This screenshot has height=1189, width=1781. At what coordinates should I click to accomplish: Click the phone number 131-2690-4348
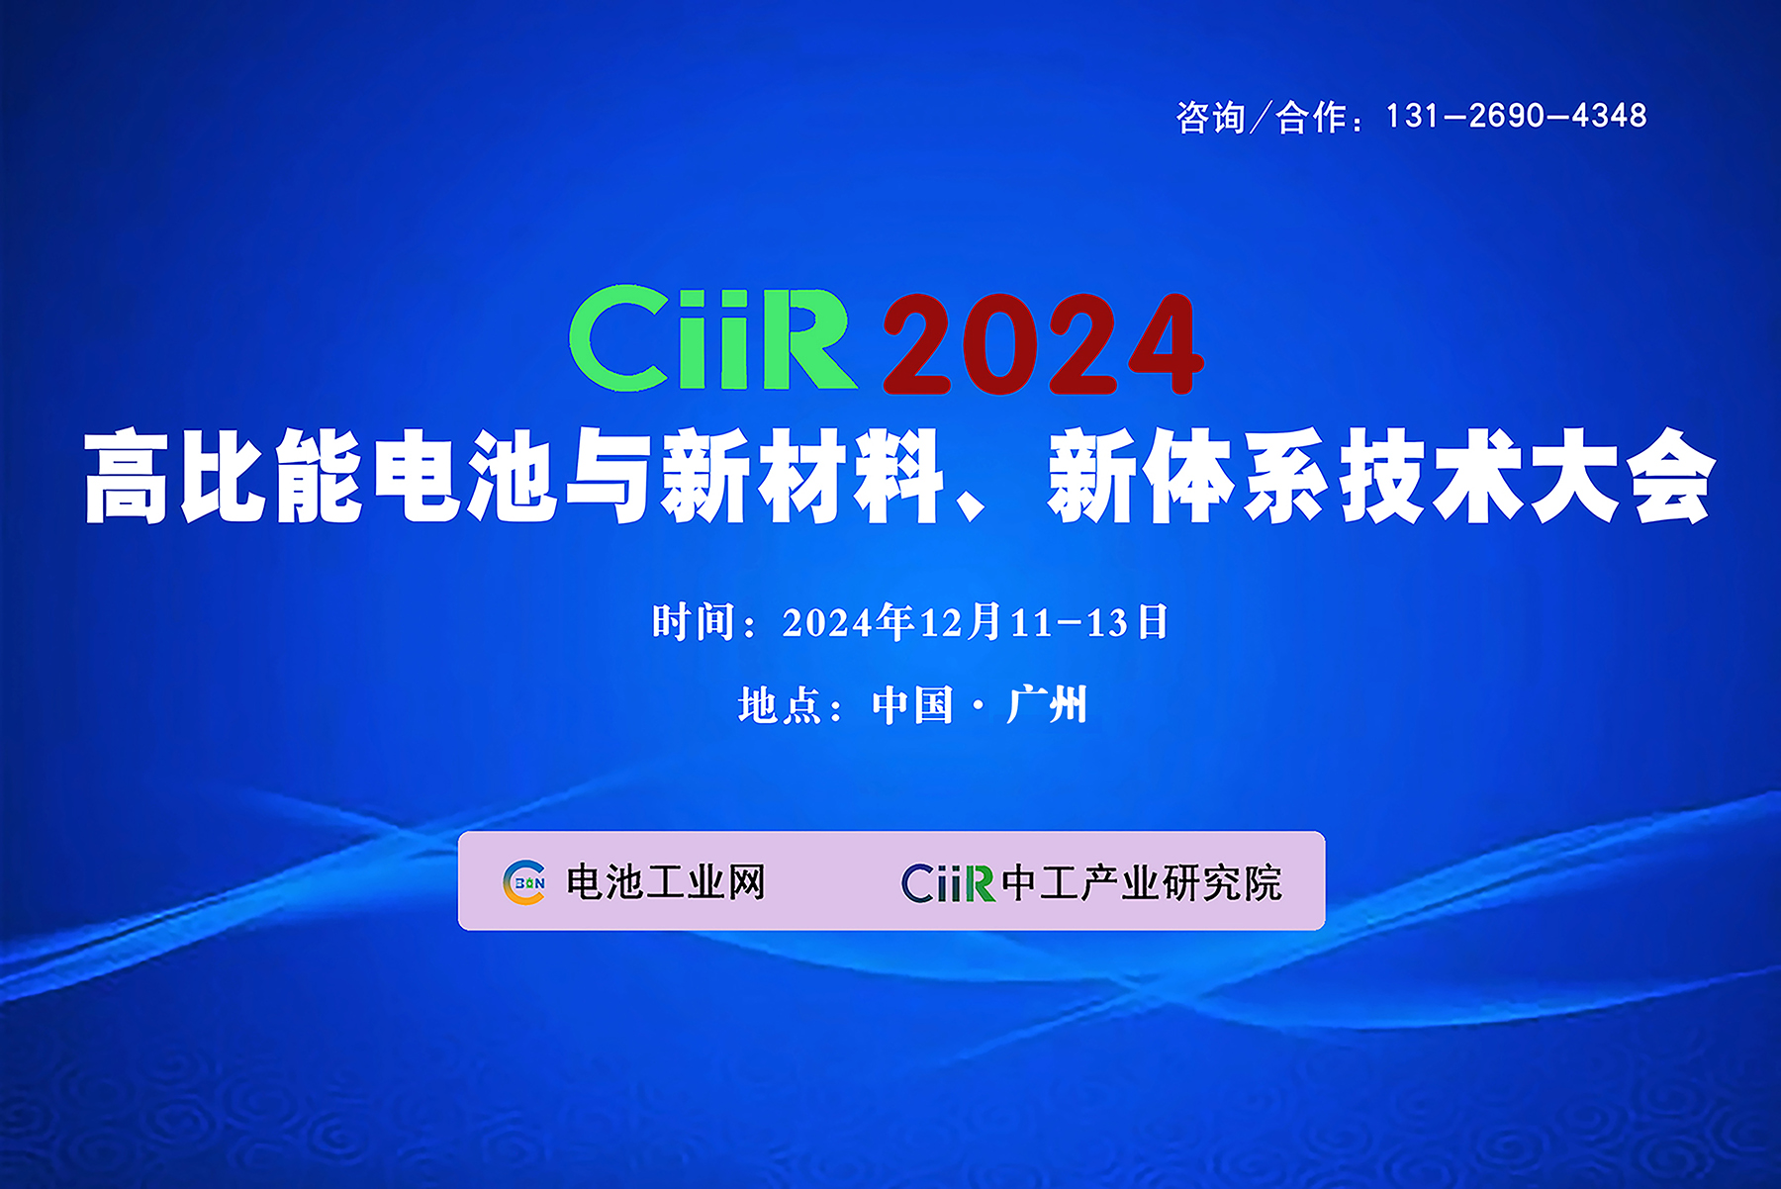tap(1516, 116)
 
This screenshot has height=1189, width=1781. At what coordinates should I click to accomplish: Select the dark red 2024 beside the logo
tap(1043, 344)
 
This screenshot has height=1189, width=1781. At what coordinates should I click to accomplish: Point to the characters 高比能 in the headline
tap(223, 476)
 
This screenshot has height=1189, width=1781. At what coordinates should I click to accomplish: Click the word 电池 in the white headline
tap(465, 476)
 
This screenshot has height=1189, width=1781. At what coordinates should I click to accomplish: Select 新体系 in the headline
tap(1188, 476)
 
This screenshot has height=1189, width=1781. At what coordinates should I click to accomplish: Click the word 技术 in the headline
tap(1431, 476)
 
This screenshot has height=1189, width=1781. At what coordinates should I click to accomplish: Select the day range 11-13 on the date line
tap(1069, 623)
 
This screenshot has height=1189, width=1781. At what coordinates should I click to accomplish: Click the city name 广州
tap(1047, 705)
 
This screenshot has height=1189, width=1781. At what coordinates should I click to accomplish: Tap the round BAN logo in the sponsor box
tap(524, 882)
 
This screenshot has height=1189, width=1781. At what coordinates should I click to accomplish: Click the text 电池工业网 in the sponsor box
tap(666, 882)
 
